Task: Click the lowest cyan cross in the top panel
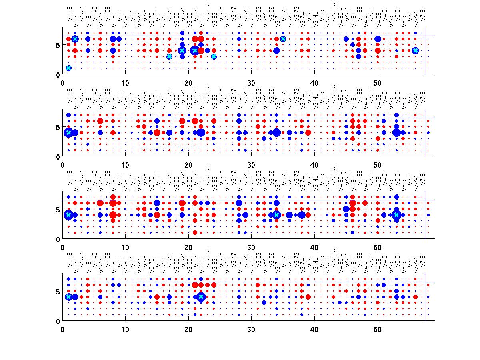click(68, 68)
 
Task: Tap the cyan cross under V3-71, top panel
click(283, 39)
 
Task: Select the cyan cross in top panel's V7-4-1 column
click(415, 50)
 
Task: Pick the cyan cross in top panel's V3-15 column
click(169, 56)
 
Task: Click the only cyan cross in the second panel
click(68, 132)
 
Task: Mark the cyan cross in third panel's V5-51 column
click(396, 215)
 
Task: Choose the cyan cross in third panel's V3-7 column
click(276, 215)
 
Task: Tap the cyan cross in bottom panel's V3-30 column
click(201, 297)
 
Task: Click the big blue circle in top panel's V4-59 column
click(378, 39)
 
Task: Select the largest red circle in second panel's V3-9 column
click(308, 132)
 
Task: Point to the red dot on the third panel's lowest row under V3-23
click(195, 232)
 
